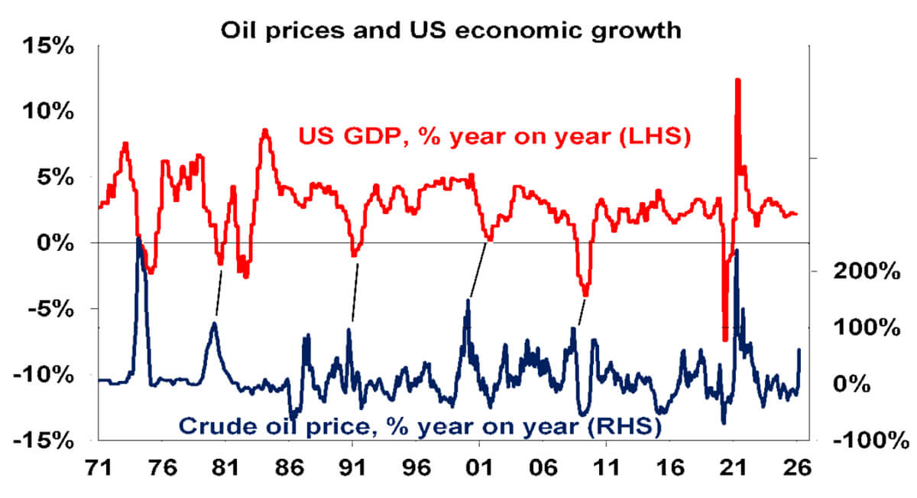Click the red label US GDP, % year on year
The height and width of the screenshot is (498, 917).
(494, 138)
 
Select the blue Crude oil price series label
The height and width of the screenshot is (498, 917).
(420, 425)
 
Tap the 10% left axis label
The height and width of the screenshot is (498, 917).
(50, 112)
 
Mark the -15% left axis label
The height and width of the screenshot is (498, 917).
(47, 441)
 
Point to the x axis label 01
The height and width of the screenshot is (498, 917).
(478, 467)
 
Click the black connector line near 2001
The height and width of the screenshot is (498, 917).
(478, 269)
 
